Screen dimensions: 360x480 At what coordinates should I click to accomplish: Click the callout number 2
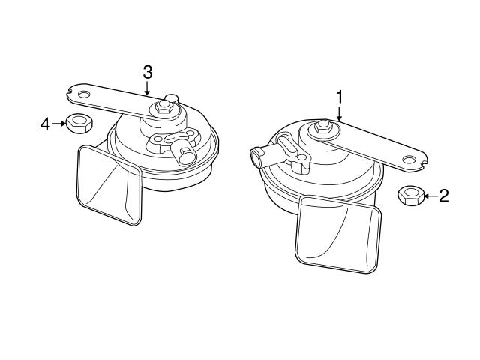tap(443, 196)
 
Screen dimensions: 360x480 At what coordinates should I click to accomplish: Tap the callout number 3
tap(148, 72)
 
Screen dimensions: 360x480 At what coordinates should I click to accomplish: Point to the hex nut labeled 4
tap(76, 123)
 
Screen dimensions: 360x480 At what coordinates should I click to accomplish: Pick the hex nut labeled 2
tap(409, 196)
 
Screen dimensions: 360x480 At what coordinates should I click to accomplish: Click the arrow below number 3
tap(148, 88)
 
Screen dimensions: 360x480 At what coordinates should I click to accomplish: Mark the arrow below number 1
tap(339, 112)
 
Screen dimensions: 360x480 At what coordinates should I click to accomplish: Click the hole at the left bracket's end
tap(82, 94)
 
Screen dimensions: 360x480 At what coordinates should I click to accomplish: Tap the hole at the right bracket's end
tap(409, 159)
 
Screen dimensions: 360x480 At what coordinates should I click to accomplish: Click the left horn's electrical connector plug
tap(184, 154)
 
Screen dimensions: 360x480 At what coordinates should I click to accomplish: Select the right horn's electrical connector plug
tap(257, 156)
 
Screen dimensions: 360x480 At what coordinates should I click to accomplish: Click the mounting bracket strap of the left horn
tap(120, 100)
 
